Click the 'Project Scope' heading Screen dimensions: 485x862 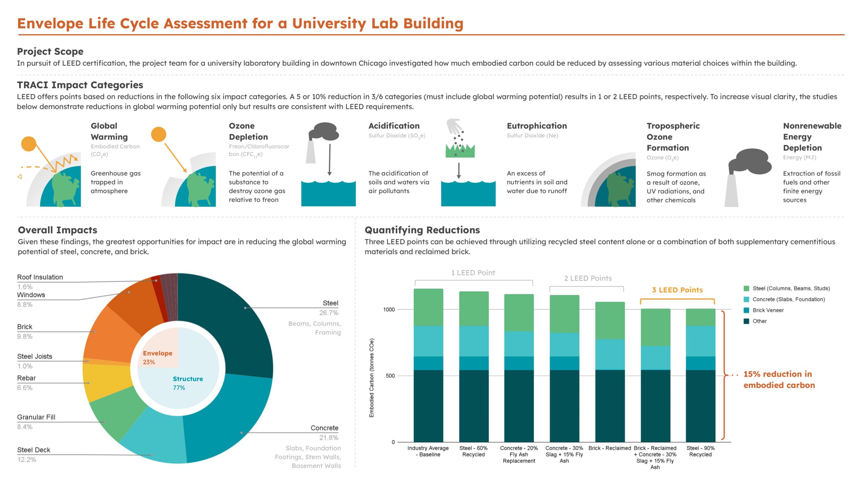[50, 51]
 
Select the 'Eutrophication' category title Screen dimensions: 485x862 [537, 126]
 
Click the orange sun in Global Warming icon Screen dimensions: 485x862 [29, 144]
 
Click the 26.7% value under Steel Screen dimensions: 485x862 [329, 313]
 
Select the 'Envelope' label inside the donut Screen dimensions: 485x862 [157, 353]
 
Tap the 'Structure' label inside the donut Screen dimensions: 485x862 [188, 379]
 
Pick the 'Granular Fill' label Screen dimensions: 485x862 [36, 417]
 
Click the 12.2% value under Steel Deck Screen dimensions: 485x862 [27, 459]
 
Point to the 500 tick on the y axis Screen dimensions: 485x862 [390, 376]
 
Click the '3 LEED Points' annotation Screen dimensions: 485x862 [677, 290]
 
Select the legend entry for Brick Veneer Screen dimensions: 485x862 [768, 310]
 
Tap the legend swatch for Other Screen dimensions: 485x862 [746, 321]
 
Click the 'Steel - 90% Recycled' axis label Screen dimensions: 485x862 [700, 451]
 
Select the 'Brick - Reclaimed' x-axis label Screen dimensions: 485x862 [609, 448]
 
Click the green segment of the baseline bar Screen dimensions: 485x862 [428, 307]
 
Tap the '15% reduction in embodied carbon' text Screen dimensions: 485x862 [779, 379]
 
